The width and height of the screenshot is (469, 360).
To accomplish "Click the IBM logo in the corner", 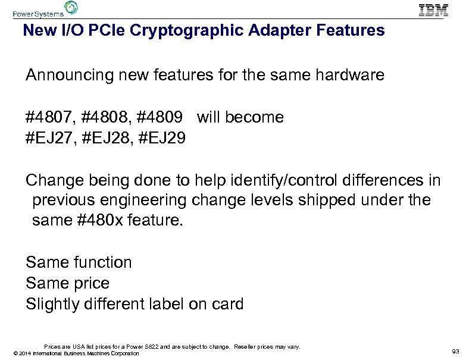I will pyautogui.click(x=434, y=10).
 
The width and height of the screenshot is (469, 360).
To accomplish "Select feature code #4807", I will pyautogui.click(x=49, y=117).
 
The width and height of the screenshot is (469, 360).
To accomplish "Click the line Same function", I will pyautogui.click(x=79, y=262).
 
